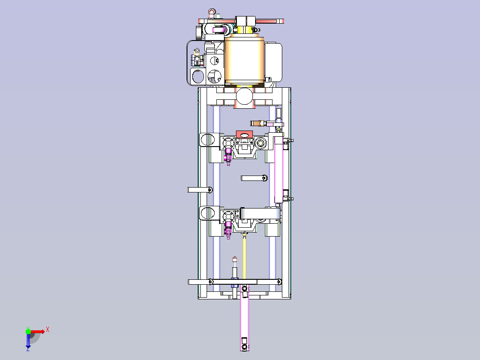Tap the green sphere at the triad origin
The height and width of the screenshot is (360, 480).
pyautogui.click(x=28, y=331)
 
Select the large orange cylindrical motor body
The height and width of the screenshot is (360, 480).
pyautogui.click(x=244, y=60)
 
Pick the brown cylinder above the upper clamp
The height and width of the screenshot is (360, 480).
pyautogui.click(x=257, y=123)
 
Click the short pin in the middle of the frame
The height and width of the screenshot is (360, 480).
pyautogui.click(x=254, y=178)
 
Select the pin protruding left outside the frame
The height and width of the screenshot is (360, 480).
pyautogui.click(x=200, y=190)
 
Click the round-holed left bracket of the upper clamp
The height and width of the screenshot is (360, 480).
pyautogui.click(x=209, y=140)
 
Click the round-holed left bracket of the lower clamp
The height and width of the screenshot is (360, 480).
pyautogui.click(x=209, y=213)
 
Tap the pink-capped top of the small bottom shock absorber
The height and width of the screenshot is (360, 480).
pyautogui.click(x=235, y=259)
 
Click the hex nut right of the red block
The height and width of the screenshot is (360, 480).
pyautogui.click(x=260, y=143)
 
